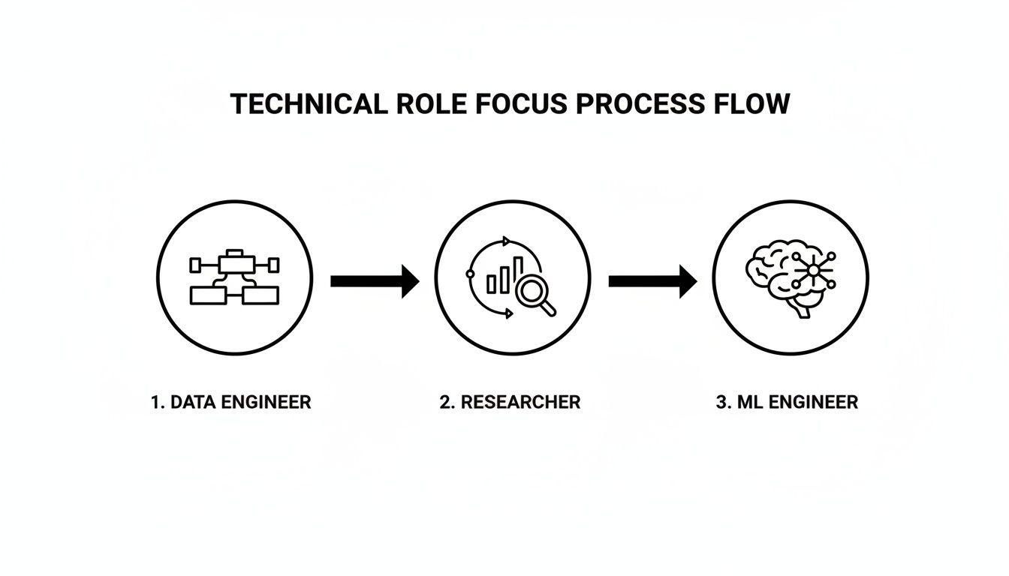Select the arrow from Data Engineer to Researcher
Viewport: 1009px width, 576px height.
374,280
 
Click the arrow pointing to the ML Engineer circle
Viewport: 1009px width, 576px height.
652,280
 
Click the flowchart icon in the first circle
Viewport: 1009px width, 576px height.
234,277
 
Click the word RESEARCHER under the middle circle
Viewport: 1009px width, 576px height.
520,402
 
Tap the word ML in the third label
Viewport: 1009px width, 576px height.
748,402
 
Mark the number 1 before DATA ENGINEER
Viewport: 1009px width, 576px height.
155,402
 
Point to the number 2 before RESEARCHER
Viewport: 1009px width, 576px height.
445,402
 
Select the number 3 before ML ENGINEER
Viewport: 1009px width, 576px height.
722,402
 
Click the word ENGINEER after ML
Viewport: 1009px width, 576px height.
812,402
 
